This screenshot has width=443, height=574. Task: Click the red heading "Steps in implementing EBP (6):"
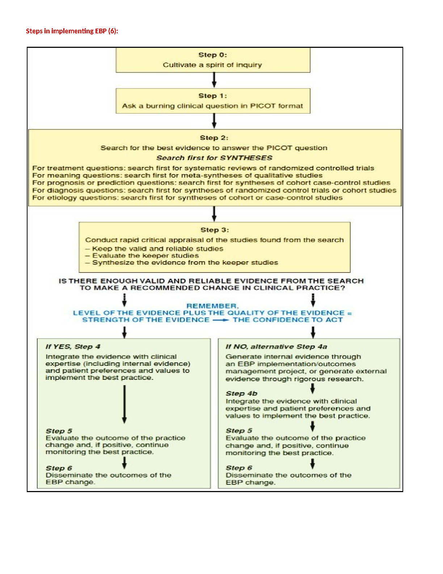pos(72,31)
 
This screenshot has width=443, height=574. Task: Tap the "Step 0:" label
pos(213,55)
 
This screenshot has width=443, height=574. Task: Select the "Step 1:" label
pos(213,96)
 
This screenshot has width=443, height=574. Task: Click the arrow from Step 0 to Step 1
pos(214,80)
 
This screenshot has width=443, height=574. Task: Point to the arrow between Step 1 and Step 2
pos(214,121)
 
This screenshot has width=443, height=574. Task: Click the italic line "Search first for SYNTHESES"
pos(214,158)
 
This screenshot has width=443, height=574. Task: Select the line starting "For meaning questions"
pos(177,175)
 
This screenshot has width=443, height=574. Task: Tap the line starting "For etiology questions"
pos(187,197)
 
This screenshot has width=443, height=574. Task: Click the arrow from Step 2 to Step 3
pos(214,214)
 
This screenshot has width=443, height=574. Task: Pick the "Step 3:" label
pos(215,230)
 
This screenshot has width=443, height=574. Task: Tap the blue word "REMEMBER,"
pos(213,306)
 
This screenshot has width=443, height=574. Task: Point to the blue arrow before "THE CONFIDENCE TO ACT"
pos(221,320)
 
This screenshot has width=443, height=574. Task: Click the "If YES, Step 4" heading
pos(73,346)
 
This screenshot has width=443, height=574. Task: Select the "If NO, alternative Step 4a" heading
pos(276,346)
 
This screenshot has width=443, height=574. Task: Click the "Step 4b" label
pos(241,393)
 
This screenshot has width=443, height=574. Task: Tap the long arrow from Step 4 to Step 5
pos(125,404)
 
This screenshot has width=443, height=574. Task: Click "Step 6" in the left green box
pos(59,468)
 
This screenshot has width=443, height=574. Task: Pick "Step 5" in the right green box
pos(239,430)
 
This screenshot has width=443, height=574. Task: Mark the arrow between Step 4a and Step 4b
pos(313,388)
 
